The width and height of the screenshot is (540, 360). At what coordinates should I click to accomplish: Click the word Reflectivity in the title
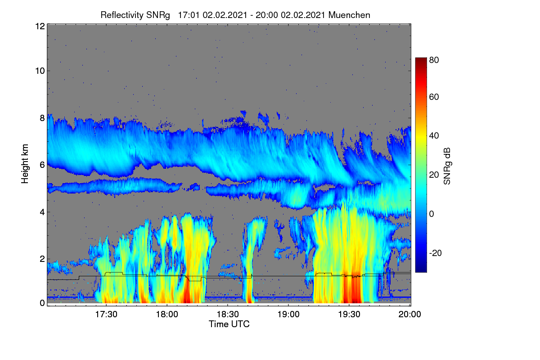tap(122, 15)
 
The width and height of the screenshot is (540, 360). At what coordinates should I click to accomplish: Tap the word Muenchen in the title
tap(349, 15)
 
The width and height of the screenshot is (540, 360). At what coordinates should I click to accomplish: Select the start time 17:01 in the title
tap(189, 15)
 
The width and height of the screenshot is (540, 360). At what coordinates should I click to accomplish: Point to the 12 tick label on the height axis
tap(40, 26)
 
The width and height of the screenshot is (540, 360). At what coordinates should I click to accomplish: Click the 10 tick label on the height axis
tap(40, 71)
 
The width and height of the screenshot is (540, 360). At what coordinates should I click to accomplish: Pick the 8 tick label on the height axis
tap(43, 118)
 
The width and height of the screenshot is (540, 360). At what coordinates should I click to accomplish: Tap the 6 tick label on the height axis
tap(43, 165)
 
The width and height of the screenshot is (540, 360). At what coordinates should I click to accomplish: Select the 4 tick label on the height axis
tap(43, 212)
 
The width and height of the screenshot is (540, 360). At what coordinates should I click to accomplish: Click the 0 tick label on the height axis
tap(43, 303)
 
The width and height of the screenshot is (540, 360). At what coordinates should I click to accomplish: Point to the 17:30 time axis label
tap(106, 314)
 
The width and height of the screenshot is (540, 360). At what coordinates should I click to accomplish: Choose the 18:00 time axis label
tap(167, 314)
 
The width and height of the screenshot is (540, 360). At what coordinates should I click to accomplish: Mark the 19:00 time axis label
tap(288, 314)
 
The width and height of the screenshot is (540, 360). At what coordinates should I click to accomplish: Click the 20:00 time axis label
tap(409, 314)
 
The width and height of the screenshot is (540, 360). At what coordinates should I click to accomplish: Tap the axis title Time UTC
tap(229, 324)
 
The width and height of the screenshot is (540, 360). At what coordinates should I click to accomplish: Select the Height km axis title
tap(25, 164)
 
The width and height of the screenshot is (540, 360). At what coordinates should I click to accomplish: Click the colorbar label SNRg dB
tap(447, 166)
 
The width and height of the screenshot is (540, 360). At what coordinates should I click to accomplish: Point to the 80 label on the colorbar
tap(434, 60)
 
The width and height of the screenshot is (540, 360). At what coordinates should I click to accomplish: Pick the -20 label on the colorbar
tap(436, 253)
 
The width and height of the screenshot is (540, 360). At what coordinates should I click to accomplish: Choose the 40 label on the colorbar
tap(434, 136)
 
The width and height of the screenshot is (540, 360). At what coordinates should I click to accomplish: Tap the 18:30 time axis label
tap(228, 314)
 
